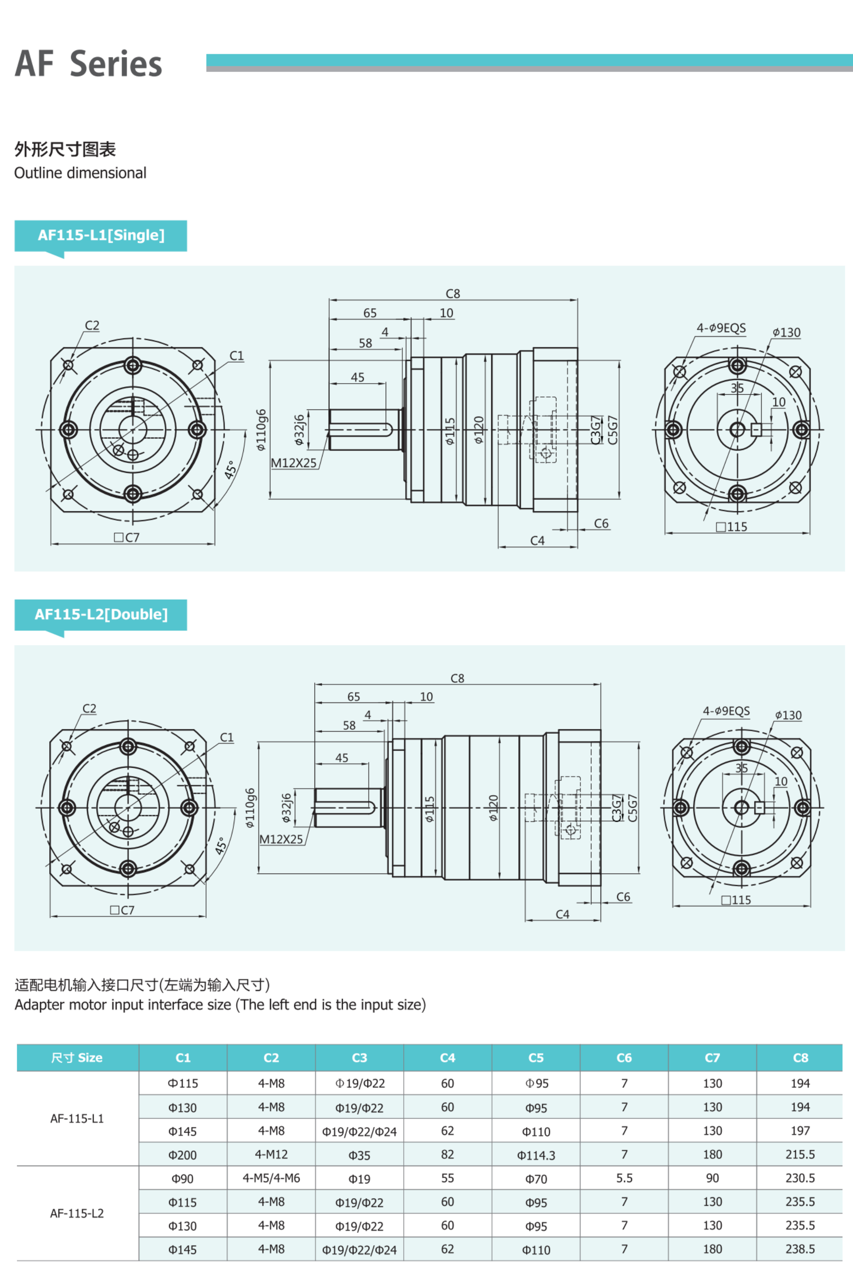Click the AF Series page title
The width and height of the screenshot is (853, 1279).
[89, 64]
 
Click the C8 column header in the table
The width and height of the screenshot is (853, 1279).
[800, 1058]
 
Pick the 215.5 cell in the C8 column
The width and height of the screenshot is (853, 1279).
[800, 1154]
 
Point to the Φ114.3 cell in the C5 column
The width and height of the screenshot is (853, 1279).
[536, 1155]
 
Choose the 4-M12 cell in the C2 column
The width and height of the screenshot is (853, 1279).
[271, 1154]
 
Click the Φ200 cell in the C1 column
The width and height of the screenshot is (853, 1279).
[182, 1155]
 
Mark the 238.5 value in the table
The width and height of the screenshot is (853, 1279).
[800, 1249]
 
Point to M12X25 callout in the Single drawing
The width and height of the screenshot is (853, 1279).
[294, 463]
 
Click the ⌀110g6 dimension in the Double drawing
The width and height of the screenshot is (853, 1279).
[250, 808]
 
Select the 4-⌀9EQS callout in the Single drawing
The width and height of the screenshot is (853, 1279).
[721, 328]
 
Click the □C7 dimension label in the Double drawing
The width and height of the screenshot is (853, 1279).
[122, 910]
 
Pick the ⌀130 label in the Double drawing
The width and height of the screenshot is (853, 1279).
[788, 715]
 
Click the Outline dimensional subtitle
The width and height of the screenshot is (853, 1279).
[80, 173]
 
